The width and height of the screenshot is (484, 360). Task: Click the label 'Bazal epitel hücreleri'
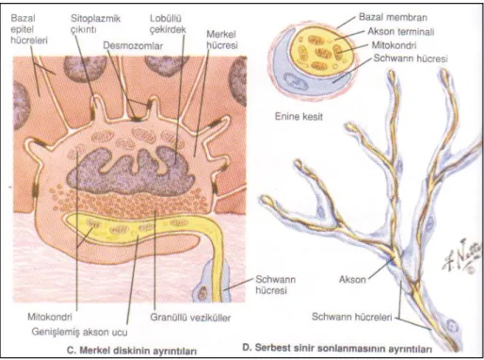tap(29, 29)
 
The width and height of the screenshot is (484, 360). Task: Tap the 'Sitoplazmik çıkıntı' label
tap(95, 24)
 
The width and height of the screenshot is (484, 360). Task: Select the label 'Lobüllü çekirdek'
tap(168, 24)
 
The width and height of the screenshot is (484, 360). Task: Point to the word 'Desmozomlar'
tap(133, 46)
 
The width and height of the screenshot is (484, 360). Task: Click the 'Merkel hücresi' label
tap(221, 40)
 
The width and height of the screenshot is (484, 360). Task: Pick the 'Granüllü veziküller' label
tap(190, 318)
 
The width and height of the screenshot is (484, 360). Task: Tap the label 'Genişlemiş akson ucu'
tap(79, 332)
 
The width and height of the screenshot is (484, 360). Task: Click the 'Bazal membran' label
tap(393, 17)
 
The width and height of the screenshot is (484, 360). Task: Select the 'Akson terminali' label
tap(401, 31)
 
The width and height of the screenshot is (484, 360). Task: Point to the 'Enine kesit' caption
tap(298, 117)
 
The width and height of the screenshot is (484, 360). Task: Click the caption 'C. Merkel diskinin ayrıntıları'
tap(132, 351)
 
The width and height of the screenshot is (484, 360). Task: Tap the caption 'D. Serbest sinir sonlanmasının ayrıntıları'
tap(337, 349)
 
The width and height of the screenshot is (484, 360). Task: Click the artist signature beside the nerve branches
tap(461, 255)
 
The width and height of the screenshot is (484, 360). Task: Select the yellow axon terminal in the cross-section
tap(323, 52)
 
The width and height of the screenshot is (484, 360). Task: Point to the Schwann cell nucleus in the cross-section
tap(294, 81)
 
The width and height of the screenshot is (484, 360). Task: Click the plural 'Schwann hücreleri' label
tap(352, 317)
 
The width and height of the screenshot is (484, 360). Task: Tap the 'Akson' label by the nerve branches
tap(352, 279)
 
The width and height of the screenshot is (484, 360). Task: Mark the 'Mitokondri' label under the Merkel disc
tap(50, 317)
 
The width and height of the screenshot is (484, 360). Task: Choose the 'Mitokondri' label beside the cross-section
tap(394, 45)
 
